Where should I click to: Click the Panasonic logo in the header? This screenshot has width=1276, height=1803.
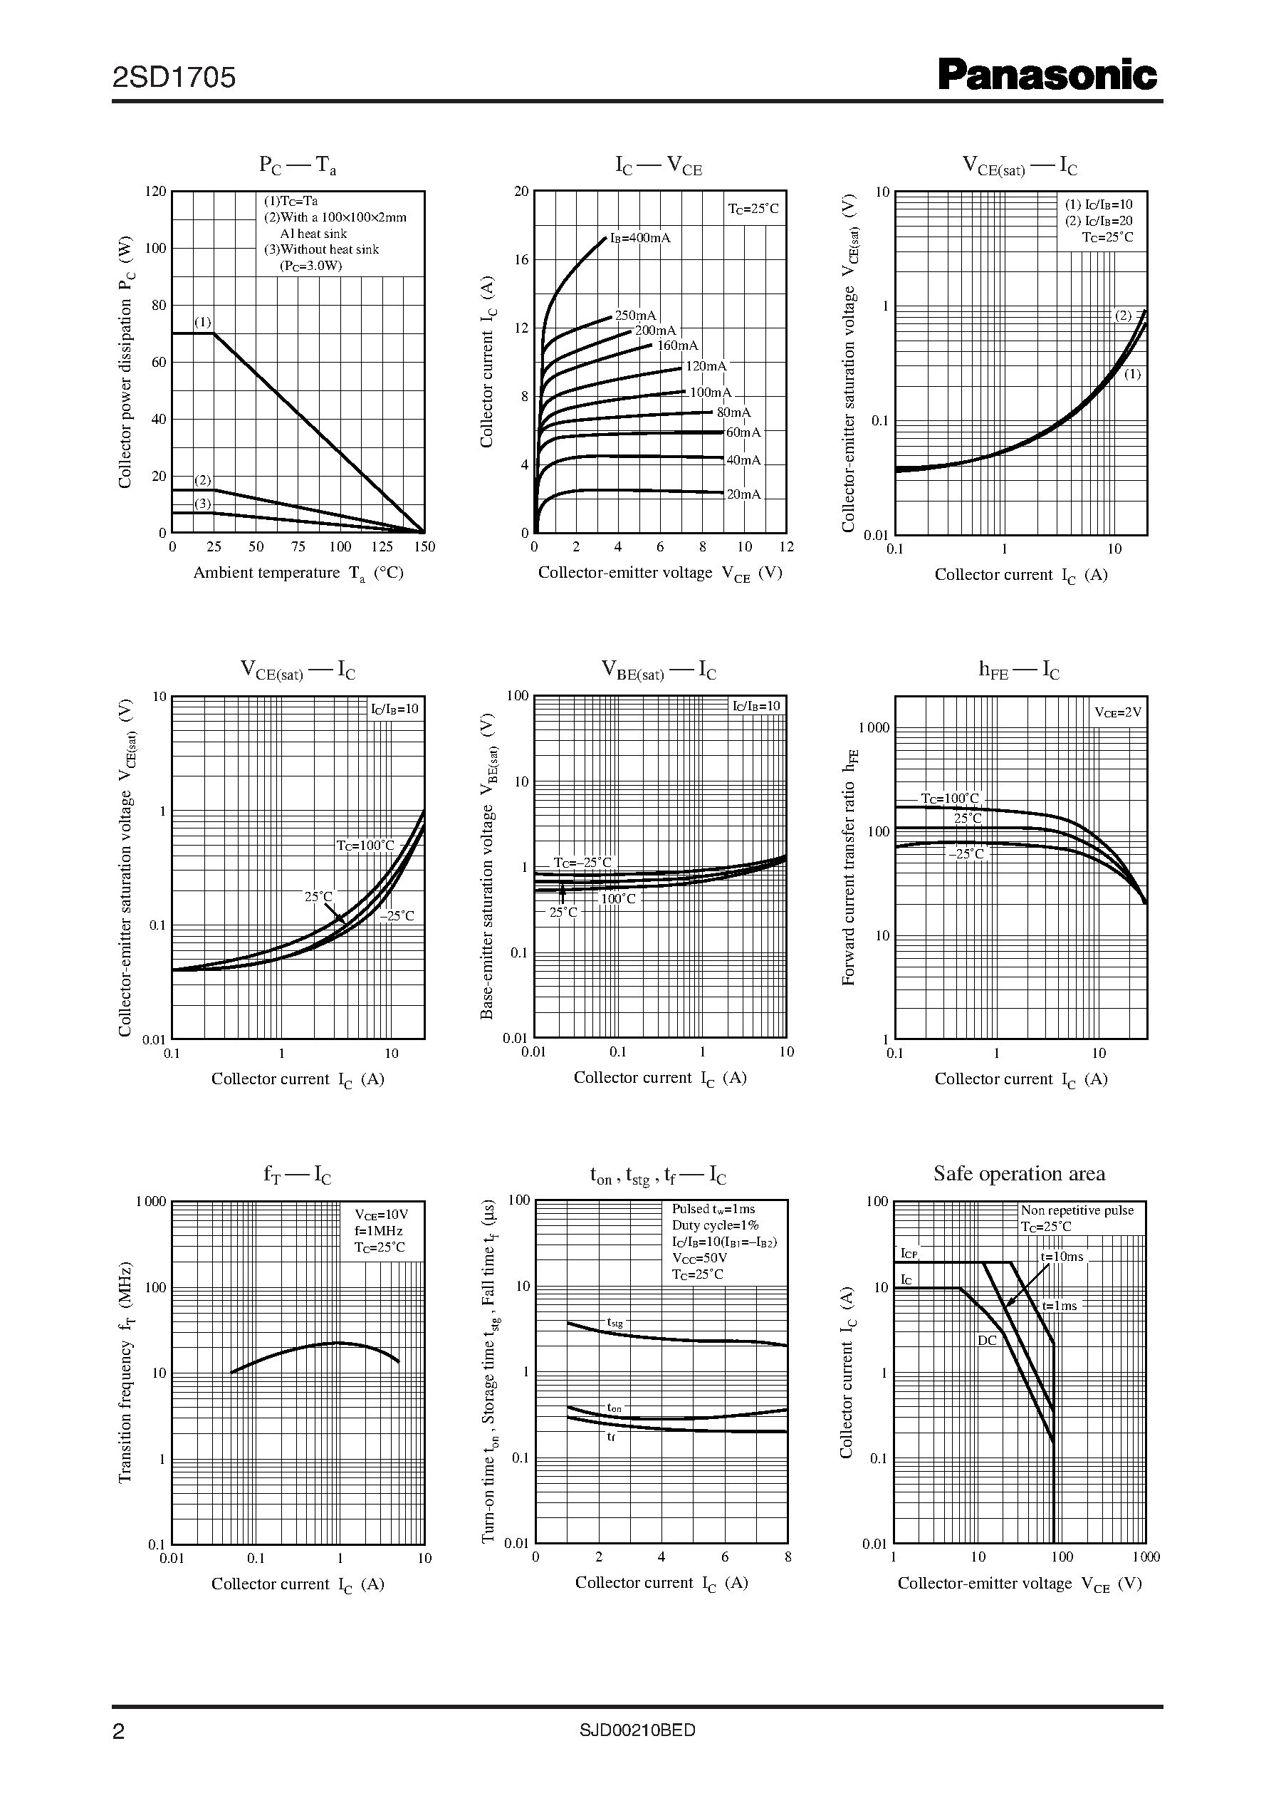pos(1047,76)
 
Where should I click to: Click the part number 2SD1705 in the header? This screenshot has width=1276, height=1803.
pos(174,77)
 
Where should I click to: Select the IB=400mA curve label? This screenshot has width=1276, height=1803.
pos(640,237)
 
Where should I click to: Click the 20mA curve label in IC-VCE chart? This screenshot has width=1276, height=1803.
pos(743,494)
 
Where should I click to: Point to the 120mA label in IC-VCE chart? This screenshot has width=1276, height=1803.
pos(706,366)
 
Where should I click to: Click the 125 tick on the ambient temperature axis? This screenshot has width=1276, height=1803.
pos(382,547)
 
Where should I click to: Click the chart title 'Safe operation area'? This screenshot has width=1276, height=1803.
pos(1019,1173)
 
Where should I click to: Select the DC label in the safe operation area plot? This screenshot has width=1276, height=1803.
pos(987,1340)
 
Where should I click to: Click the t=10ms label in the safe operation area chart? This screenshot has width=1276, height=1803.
pos(1062,1257)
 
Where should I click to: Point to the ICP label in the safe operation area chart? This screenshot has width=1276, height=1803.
pos(909,1254)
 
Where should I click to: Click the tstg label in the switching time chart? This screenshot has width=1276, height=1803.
pos(615,1323)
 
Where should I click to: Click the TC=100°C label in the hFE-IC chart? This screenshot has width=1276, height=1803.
pos(950,799)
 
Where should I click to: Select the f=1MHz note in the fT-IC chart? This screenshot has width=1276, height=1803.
pos(378,1231)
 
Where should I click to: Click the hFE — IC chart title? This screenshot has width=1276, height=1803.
pos(1018,670)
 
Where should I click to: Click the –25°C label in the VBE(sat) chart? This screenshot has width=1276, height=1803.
pos(582,862)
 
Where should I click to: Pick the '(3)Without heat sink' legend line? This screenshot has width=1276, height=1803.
pos(321,249)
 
